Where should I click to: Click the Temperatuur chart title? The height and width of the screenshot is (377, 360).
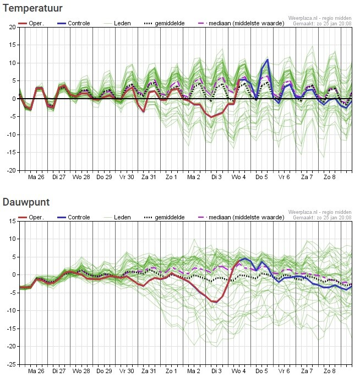pos(32,9)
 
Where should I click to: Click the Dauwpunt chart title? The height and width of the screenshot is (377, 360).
pos(26,202)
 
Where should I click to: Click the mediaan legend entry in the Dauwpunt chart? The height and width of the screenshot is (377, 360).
pos(240,217)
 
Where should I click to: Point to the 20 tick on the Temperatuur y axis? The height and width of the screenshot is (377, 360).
pos(12,27)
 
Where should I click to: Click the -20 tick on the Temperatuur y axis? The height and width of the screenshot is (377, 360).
pos(11,171)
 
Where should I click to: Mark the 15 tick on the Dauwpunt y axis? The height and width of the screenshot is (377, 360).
pos(12,221)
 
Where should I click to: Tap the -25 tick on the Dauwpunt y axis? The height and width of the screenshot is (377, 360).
pos(11,364)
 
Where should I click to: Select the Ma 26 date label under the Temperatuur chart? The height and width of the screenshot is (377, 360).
pos(36,177)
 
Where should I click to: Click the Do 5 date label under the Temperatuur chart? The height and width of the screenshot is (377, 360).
pos(262,177)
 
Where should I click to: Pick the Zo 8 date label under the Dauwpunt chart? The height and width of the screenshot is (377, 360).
pos(330,371)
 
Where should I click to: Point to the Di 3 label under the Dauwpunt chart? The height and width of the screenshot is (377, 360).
pos(217,371)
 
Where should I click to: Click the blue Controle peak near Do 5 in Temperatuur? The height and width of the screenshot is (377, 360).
pos(268,60)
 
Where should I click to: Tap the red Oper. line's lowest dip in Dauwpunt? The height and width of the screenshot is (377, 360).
pos(214,302)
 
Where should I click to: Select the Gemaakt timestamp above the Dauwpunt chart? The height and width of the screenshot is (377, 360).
pos(322,218)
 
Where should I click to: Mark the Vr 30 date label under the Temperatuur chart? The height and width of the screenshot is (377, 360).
pos(127,177)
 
